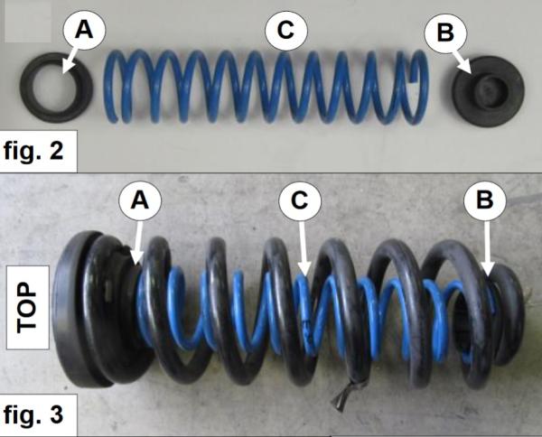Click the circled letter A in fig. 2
[x=84, y=30]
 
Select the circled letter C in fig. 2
[x=285, y=30]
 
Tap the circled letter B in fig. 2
[x=445, y=33]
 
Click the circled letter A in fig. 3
[x=140, y=201]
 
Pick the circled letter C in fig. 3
[x=300, y=200]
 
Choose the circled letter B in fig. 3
[x=485, y=200]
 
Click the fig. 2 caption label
[x=34, y=151]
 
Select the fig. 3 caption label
[x=34, y=415]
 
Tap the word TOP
[x=27, y=308]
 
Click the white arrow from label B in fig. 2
[x=463, y=63]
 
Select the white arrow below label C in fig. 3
[x=303, y=248]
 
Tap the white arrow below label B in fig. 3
[x=487, y=248]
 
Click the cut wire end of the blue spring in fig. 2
[x=413, y=79]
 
